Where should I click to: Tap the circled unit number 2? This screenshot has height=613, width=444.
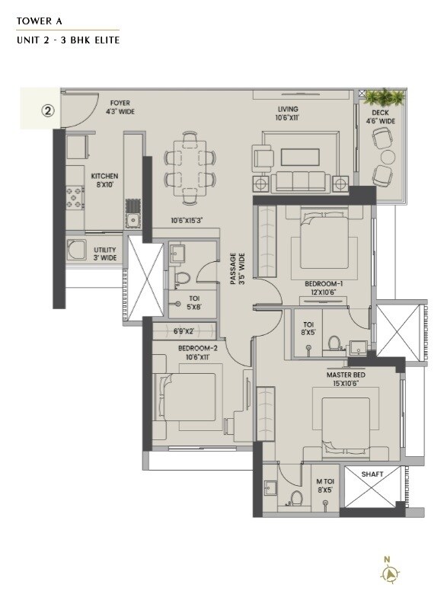point(48,110)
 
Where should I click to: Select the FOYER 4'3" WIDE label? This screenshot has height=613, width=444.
point(121,107)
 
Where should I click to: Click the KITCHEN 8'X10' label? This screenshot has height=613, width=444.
point(105,180)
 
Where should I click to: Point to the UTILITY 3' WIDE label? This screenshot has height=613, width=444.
point(105,254)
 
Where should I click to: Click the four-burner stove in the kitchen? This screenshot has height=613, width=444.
point(75,198)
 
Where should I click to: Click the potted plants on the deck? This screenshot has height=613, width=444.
point(384,97)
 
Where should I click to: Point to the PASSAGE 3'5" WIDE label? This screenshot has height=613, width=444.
point(237,269)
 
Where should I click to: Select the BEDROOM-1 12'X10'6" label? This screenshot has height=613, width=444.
point(324,288)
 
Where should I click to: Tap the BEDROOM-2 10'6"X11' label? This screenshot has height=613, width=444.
point(198,353)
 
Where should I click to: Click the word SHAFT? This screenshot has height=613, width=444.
point(372,474)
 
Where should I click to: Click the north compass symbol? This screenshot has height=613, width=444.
point(388,572)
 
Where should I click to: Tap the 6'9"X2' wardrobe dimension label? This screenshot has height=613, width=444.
point(185,331)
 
